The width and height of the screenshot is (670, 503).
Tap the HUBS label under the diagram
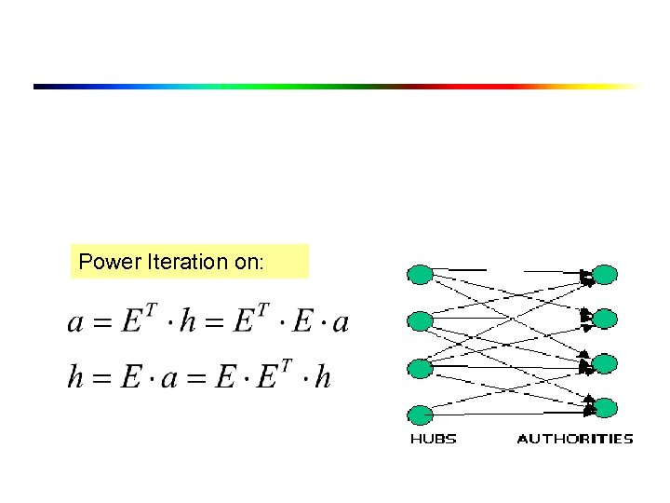(x=433, y=439)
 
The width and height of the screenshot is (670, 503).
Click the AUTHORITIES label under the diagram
(x=574, y=439)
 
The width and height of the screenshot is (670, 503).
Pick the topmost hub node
(x=421, y=274)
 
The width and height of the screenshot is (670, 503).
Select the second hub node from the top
(x=421, y=321)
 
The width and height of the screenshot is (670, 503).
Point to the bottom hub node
(x=421, y=414)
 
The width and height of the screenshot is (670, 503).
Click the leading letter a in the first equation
(x=76, y=323)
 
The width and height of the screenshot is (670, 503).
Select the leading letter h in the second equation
(x=76, y=376)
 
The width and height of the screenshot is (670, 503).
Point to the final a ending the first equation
(x=341, y=323)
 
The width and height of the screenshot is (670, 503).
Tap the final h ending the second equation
(x=323, y=376)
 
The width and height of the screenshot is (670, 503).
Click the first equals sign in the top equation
(x=102, y=323)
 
